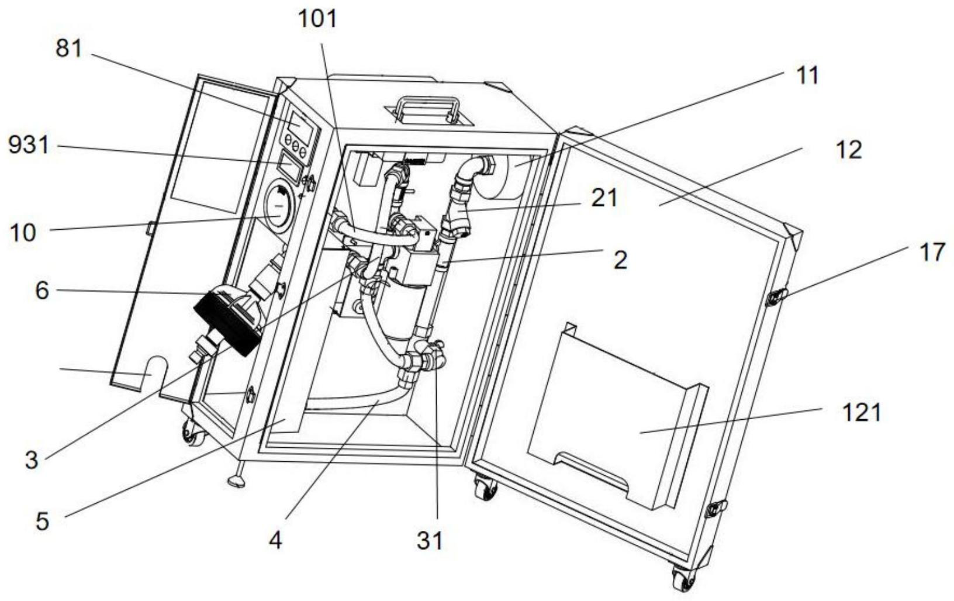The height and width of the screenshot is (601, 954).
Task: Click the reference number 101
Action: [318, 19]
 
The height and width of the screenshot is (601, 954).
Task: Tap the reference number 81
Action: [68, 49]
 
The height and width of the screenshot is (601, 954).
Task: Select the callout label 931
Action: [29, 146]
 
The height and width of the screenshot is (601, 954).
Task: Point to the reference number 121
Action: [862, 413]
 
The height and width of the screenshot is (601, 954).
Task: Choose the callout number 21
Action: [604, 199]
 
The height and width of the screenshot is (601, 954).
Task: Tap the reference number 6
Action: [42, 291]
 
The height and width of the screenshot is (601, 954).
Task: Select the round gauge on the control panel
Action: [279, 206]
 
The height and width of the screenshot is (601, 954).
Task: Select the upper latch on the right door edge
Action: [776, 297]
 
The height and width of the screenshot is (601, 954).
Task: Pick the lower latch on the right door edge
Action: [715, 509]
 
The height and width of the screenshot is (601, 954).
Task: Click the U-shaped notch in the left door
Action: [155, 371]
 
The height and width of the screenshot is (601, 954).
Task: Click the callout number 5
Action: [42, 521]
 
